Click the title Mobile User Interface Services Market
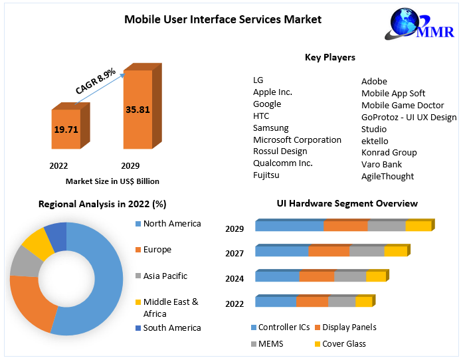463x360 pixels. point(223,19)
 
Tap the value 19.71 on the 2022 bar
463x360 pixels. point(66,129)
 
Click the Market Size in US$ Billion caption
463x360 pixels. point(112,181)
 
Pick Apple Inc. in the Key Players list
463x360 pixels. point(272,92)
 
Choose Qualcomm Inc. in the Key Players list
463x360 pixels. point(282,163)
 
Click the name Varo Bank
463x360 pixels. point(381,164)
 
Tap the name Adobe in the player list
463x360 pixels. point(374,81)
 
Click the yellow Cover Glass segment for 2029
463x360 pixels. point(418,226)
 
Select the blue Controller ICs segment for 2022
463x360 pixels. point(276,302)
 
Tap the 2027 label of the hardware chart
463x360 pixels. point(234,253)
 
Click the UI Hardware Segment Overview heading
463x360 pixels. point(347,203)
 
